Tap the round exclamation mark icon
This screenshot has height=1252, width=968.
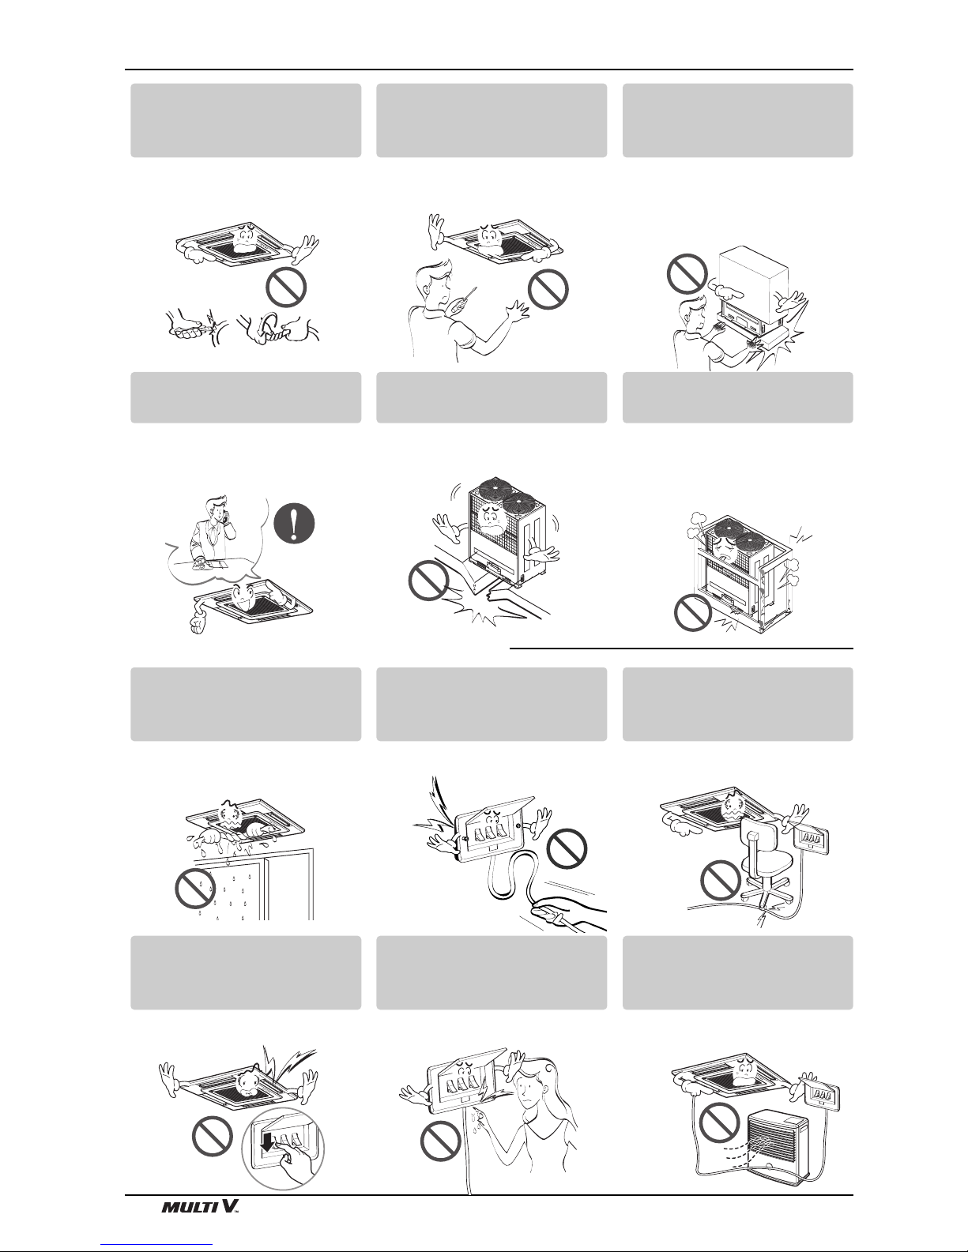pyautogui.click(x=295, y=524)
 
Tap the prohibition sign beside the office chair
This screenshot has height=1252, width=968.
pyautogui.click(x=720, y=880)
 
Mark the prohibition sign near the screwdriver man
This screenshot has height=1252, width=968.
pyautogui.click(x=548, y=288)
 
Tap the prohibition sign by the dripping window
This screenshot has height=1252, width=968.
pyautogui.click(x=195, y=889)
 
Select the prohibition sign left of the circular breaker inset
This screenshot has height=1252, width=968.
pyautogui.click(x=212, y=1136)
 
